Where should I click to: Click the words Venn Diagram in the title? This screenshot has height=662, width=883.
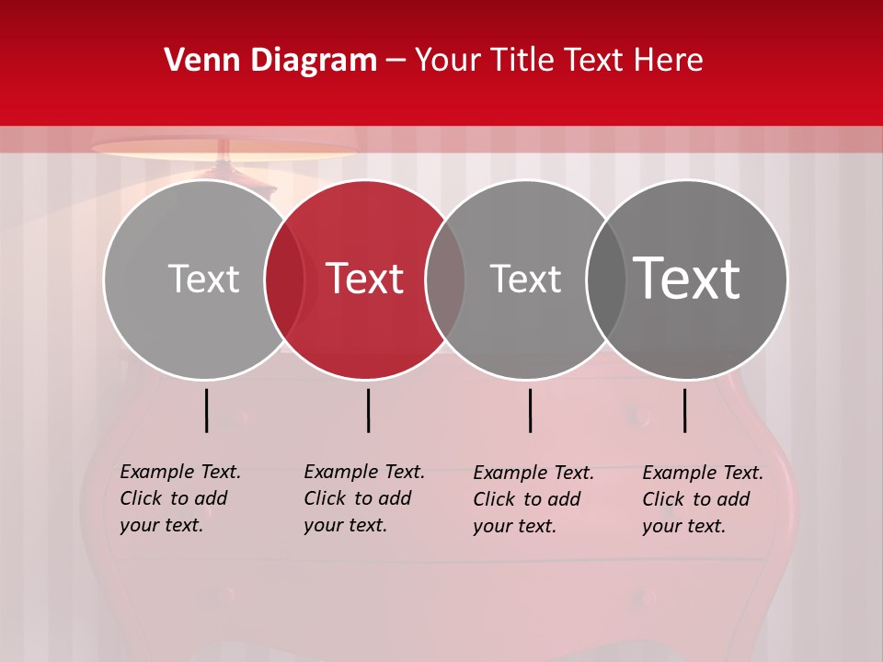coord(270,61)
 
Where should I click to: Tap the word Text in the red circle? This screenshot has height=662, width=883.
coord(365,279)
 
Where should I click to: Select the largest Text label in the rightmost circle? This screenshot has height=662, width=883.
coord(687,279)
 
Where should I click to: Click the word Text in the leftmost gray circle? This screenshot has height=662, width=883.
coord(203,279)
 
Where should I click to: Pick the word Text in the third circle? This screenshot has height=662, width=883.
coord(525,279)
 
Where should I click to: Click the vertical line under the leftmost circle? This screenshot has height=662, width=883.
coord(206,410)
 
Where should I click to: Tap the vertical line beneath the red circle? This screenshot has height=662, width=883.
coord(368,410)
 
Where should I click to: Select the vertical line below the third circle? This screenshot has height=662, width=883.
coord(530,410)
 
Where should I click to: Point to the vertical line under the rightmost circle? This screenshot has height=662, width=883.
coord(684,410)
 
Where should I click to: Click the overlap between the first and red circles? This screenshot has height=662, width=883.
coord(285,280)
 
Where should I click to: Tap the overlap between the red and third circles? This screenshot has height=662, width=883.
coord(445,280)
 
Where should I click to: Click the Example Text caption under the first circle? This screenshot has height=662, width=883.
coord(180,498)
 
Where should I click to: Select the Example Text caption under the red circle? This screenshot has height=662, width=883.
coord(364,498)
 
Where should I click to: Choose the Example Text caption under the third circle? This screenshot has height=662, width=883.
coord(533,499)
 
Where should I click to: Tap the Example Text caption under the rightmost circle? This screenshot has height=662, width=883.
coord(703,499)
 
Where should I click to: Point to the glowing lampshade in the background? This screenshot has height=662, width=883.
coord(224,150)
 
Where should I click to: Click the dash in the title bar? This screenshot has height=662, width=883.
coord(396,61)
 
